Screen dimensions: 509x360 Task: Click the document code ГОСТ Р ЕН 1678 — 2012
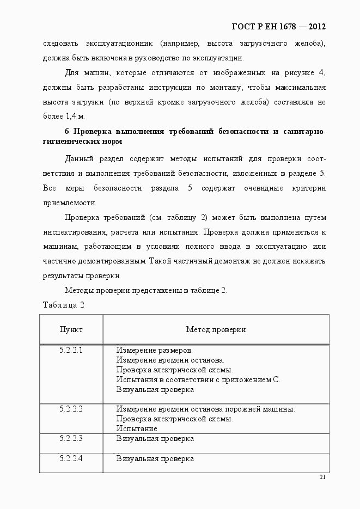click(279, 26)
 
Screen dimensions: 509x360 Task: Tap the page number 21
click(322, 477)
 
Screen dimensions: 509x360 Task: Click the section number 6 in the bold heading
click(67, 131)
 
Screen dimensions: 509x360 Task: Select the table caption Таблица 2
click(64, 304)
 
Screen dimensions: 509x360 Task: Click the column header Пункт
click(71, 329)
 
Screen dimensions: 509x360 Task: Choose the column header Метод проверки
click(216, 329)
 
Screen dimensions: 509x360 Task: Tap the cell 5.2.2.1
click(71, 350)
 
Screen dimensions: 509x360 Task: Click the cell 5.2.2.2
click(71, 409)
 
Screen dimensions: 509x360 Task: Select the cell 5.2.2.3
click(71, 438)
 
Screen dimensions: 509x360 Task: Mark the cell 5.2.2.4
click(71, 458)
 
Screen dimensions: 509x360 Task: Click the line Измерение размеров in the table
click(155, 350)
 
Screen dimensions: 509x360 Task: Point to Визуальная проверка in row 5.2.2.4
click(155, 458)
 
